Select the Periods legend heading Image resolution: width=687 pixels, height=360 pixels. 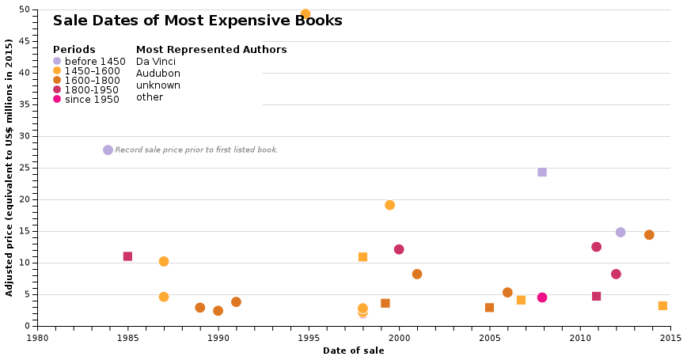[x=74, y=49]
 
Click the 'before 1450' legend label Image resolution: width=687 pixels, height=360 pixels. [x=95, y=62]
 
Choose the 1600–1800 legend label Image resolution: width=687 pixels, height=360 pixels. [x=92, y=81]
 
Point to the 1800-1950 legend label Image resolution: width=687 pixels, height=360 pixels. [x=92, y=90]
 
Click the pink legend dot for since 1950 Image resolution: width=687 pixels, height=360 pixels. [x=57, y=100]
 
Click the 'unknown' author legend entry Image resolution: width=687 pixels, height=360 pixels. [x=158, y=85]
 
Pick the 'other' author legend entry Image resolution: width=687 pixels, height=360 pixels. [x=150, y=97]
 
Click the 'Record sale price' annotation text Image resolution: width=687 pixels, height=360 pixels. [x=196, y=150]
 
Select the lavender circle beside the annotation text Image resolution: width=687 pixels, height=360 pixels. [x=108, y=150]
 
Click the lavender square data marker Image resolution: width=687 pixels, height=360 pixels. [x=542, y=172]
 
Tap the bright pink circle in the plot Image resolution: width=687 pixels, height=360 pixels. [x=542, y=297]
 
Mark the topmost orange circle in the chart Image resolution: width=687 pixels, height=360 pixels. [x=306, y=13]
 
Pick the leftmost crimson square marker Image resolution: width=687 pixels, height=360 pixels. [x=127, y=256]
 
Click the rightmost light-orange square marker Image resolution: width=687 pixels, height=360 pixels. [x=662, y=305]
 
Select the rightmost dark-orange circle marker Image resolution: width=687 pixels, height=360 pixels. [x=649, y=234]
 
